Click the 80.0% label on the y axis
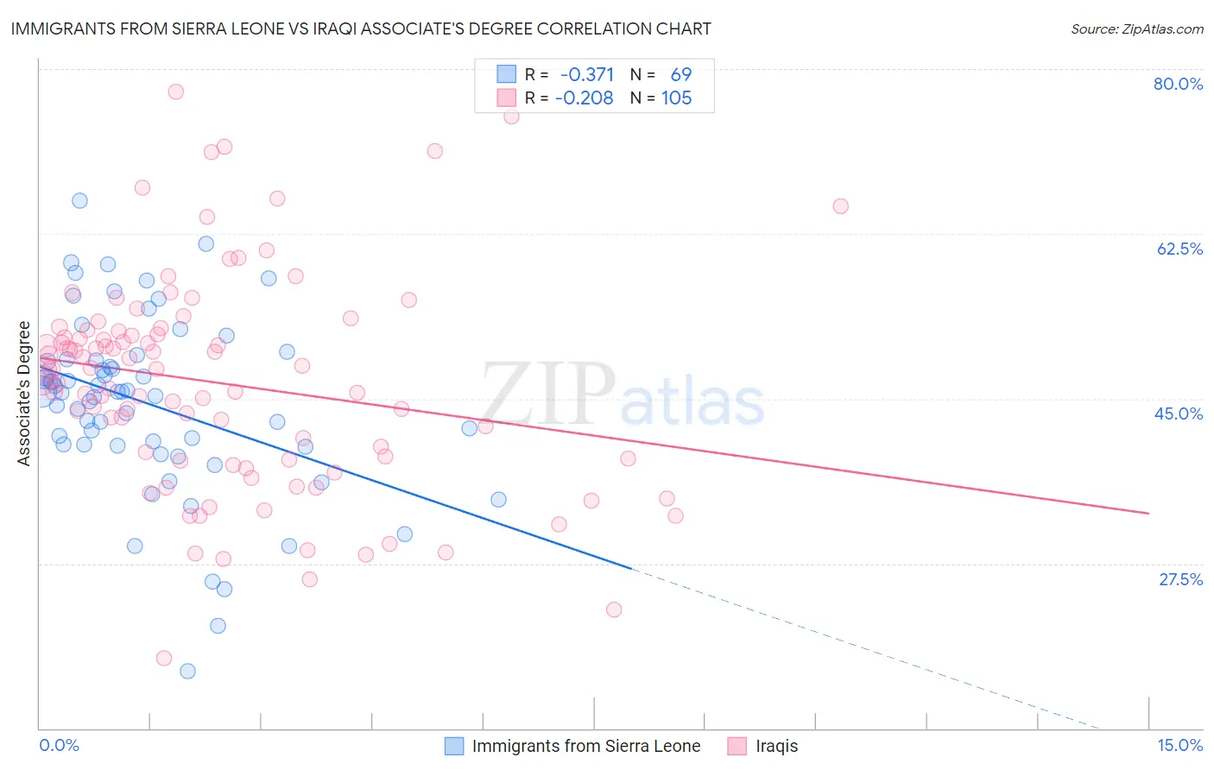[x=1178, y=84]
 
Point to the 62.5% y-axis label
[x=1179, y=249]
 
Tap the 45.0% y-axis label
[x=1179, y=413]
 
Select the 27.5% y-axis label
[x=1180, y=579]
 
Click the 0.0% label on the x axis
[x=59, y=745]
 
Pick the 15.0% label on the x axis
[x=1179, y=745]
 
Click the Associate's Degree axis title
[x=24, y=394]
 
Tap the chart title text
[x=361, y=28]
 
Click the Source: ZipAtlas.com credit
[x=1136, y=28]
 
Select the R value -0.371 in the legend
[x=587, y=74]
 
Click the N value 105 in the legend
[x=677, y=98]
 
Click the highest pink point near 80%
[x=176, y=92]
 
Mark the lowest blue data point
[x=187, y=671]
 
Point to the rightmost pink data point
[x=840, y=206]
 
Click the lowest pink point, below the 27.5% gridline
[x=164, y=658]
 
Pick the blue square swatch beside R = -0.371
[x=506, y=74]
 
